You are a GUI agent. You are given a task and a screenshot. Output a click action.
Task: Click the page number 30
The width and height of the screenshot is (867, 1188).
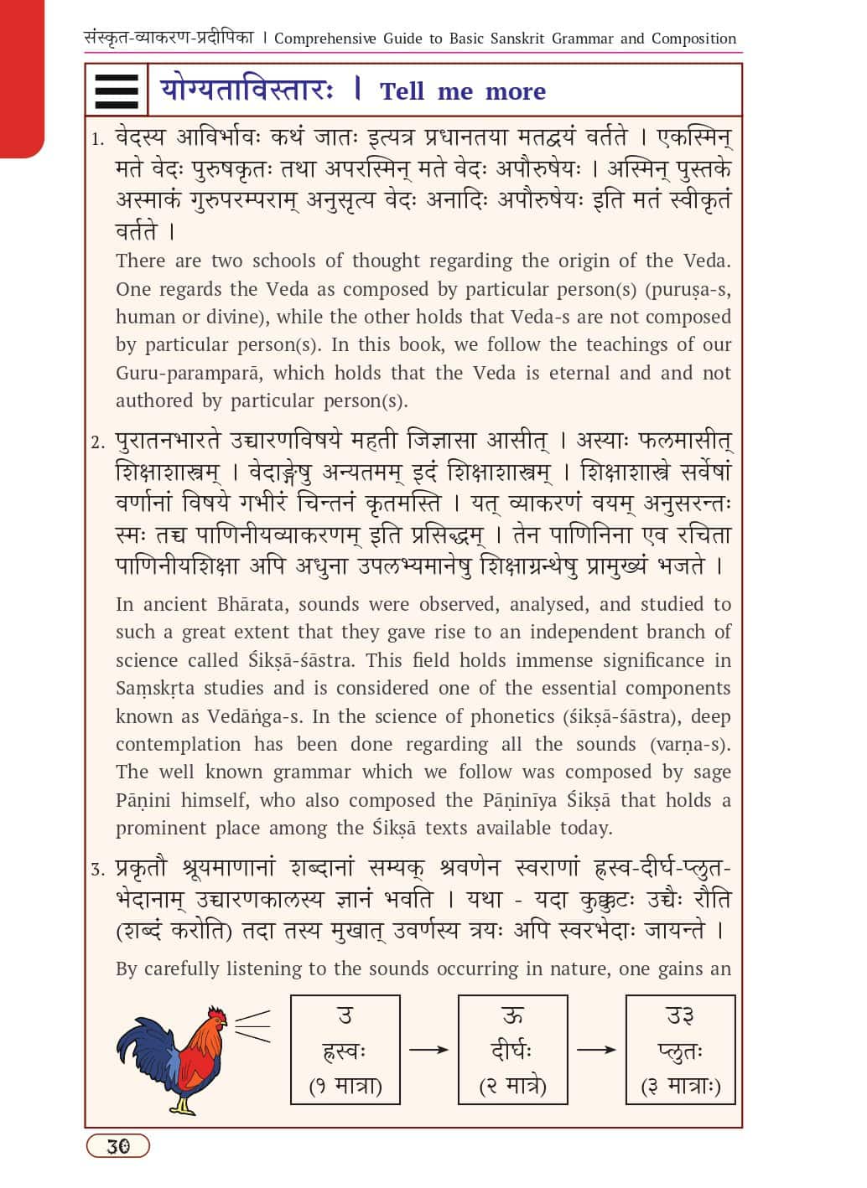(118, 1145)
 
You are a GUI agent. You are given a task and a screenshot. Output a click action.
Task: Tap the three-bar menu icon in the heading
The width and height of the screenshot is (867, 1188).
(117, 90)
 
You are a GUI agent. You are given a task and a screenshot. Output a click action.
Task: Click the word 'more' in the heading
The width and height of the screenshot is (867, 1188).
(515, 91)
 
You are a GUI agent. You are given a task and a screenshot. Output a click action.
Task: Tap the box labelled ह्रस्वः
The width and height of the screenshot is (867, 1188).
(345, 1049)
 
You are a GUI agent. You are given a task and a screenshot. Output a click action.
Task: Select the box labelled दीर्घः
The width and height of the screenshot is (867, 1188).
(512, 1049)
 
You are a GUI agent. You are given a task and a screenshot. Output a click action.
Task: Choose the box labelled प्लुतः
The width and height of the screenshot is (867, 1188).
(680, 1049)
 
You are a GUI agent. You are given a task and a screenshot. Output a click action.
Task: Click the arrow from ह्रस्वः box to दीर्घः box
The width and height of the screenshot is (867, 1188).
(428, 1050)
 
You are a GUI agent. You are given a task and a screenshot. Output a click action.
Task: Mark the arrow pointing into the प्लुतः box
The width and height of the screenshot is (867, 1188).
(596, 1050)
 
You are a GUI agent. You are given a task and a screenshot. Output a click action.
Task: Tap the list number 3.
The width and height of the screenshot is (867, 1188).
(98, 870)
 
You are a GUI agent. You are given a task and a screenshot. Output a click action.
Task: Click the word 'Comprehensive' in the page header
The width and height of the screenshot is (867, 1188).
(325, 39)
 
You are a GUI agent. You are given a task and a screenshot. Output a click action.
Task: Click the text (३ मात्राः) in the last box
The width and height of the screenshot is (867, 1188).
(680, 1087)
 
